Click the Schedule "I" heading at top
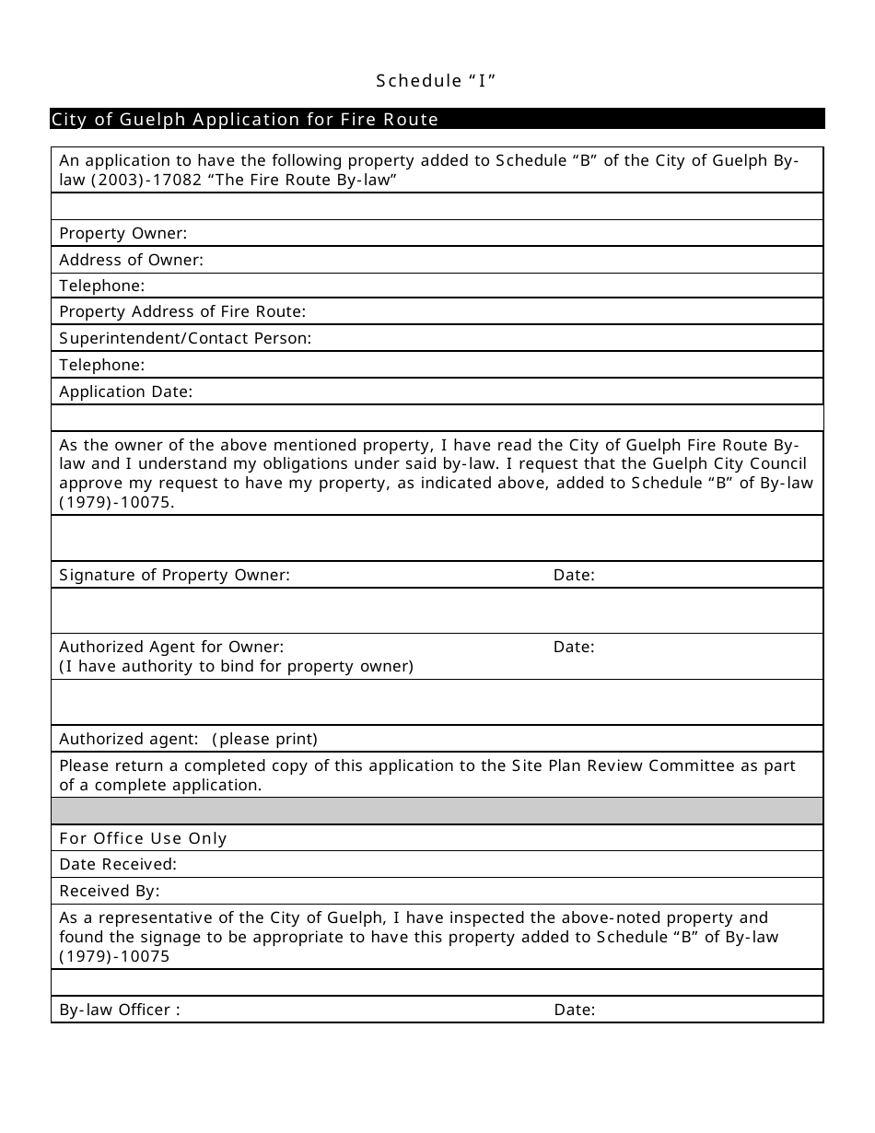pyautogui.click(x=437, y=81)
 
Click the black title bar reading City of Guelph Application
pyautogui.click(x=245, y=120)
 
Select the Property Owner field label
pyautogui.click(x=122, y=234)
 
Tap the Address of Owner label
pyautogui.click(x=131, y=261)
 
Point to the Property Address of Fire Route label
pyautogui.click(x=182, y=312)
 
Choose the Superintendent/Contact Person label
pyautogui.click(x=185, y=339)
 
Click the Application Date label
pyautogui.click(x=125, y=392)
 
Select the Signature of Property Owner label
pyautogui.click(x=174, y=576)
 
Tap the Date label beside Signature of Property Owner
pyautogui.click(x=574, y=576)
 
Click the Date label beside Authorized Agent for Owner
pyautogui.click(x=574, y=648)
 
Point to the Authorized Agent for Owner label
pyautogui.click(x=171, y=648)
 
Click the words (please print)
pyautogui.click(x=264, y=740)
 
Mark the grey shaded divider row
pyautogui.click(x=437, y=812)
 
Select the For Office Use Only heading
pyautogui.click(x=143, y=839)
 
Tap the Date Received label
pyautogui.click(x=118, y=865)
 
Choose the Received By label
pyautogui.click(x=110, y=892)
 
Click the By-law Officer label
pyautogui.click(x=120, y=1010)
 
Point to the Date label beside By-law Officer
pyautogui.click(x=575, y=1010)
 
